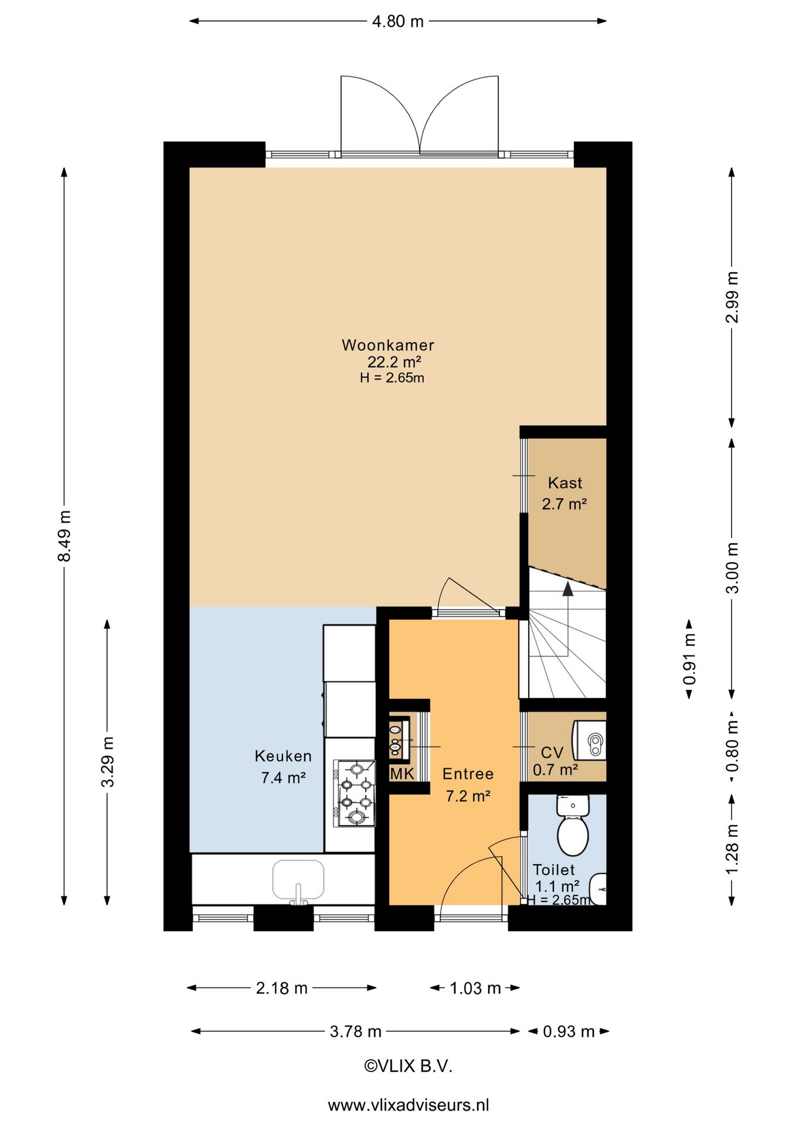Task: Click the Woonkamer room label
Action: (x=388, y=345)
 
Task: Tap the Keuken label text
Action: (x=283, y=756)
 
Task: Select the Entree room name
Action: (x=468, y=774)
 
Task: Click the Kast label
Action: (x=565, y=483)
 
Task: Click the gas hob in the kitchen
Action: (x=355, y=793)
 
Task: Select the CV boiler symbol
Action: (x=590, y=741)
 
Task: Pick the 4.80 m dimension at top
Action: (x=397, y=22)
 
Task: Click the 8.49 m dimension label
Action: (x=64, y=536)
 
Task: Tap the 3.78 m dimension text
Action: (x=355, y=1032)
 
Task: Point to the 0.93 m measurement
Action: (x=569, y=1032)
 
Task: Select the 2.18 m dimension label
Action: (x=281, y=988)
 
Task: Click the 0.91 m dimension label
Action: (x=689, y=659)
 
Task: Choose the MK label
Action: (x=402, y=774)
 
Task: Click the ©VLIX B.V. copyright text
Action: (x=409, y=1066)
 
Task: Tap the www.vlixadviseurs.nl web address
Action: (x=409, y=1105)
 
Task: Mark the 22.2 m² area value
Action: (x=394, y=362)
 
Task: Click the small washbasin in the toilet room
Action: (x=598, y=889)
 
